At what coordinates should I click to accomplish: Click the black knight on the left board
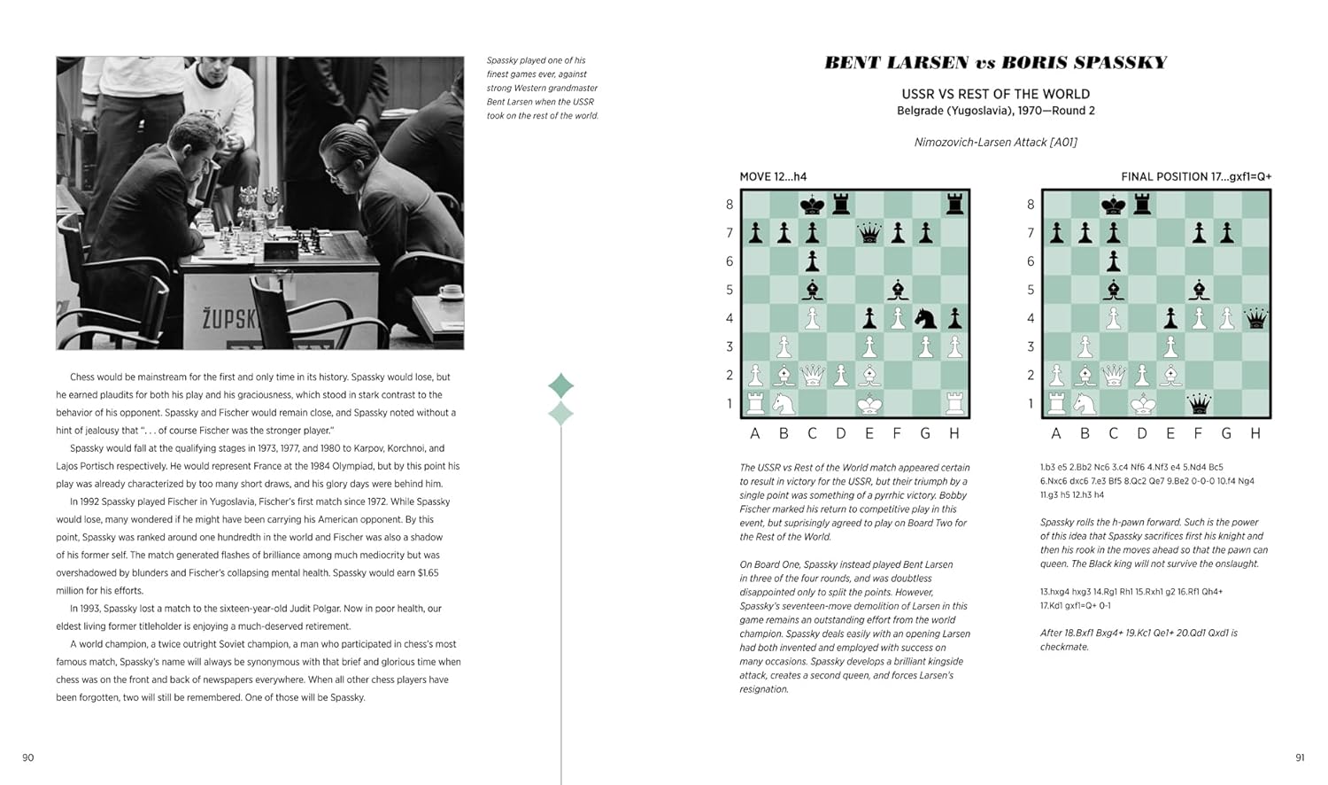pyautogui.click(x=926, y=317)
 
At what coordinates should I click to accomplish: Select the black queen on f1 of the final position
pyautogui.click(x=1199, y=404)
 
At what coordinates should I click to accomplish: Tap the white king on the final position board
pyautogui.click(x=1142, y=404)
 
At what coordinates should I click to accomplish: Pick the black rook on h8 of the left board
pyautogui.click(x=954, y=205)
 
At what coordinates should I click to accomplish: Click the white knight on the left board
pyautogui.click(x=784, y=404)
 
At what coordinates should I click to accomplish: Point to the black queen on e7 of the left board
pyautogui.click(x=869, y=233)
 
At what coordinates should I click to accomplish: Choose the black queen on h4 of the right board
pyautogui.click(x=1255, y=318)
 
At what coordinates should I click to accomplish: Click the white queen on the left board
pyautogui.click(x=813, y=375)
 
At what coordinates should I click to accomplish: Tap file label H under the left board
pyautogui.click(x=954, y=433)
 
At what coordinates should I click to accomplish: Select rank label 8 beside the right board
pyautogui.click(x=1031, y=205)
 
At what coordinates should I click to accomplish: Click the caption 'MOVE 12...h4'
pyautogui.click(x=773, y=176)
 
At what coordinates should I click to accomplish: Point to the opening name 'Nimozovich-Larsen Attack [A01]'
pyautogui.click(x=995, y=142)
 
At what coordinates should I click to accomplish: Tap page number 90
pyautogui.click(x=28, y=758)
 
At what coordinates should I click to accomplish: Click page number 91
pyautogui.click(x=1299, y=758)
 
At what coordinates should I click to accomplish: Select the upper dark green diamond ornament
pyautogui.click(x=561, y=385)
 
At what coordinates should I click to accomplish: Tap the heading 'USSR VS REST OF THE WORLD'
pyautogui.click(x=995, y=94)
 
